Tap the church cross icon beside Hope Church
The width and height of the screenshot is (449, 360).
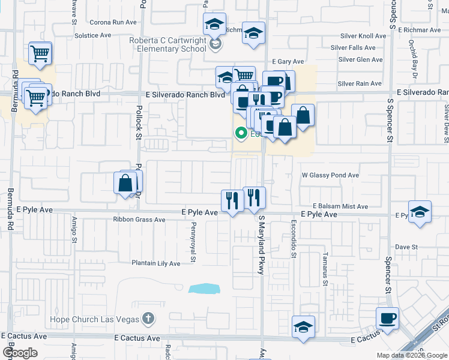(148, 319)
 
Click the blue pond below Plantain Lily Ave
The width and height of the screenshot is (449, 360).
(204, 289)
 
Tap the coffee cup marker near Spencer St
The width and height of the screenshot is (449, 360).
(387, 319)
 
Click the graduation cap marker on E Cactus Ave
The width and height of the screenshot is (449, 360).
(304, 327)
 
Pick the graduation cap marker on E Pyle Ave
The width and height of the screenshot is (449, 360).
(420, 212)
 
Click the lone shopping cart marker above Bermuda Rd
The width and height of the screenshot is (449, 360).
(40, 53)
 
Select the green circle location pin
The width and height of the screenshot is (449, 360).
(241, 134)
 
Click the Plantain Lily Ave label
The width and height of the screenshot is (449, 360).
(156, 263)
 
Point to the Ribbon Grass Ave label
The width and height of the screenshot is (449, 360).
(139, 220)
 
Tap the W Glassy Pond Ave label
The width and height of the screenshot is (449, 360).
(330, 175)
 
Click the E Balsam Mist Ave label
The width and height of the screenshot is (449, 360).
(340, 206)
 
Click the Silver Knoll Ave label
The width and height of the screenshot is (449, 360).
(362, 36)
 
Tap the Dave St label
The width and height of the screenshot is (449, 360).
(406, 247)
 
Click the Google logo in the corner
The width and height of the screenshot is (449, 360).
(20, 353)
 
